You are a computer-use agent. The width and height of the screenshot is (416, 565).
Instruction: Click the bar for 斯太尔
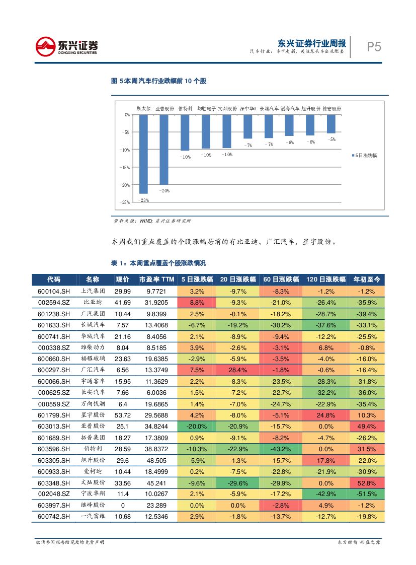(143, 154)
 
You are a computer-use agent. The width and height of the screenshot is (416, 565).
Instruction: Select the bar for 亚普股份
(164, 150)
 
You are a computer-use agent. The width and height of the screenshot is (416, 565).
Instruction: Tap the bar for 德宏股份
(331, 124)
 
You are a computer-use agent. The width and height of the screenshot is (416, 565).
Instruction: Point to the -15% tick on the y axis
(124, 167)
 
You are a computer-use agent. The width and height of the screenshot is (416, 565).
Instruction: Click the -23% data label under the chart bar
(143, 200)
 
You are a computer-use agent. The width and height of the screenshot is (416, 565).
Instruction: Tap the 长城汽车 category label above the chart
(269, 108)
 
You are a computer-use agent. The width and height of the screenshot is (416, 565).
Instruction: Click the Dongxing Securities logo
(66, 47)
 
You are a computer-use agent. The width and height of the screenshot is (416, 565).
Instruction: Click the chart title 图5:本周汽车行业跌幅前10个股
(158, 81)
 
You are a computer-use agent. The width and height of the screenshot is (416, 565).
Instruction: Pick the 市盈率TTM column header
(156, 279)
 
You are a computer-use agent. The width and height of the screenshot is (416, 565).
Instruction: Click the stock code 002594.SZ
(53, 302)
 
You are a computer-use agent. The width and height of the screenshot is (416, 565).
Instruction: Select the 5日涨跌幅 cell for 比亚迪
(196, 302)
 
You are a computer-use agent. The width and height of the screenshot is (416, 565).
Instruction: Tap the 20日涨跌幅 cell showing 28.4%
(238, 370)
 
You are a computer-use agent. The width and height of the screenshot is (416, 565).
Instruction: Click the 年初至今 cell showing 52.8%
(367, 483)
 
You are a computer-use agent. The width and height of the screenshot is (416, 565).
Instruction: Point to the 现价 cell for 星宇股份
(122, 415)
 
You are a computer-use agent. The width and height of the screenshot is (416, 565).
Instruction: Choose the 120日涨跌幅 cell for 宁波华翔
(326, 494)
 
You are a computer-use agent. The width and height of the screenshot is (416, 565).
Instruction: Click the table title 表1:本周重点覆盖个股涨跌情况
(158, 263)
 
